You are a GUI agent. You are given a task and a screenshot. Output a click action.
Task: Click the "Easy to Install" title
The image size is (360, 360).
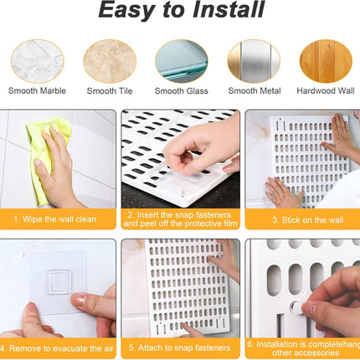click(179, 12)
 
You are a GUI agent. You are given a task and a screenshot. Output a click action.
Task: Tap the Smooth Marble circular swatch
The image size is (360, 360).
click(37, 60)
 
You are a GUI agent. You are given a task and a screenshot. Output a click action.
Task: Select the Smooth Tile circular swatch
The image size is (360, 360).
click(109, 60)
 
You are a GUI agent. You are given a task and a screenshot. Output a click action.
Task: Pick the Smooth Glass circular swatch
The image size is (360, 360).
click(180, 60)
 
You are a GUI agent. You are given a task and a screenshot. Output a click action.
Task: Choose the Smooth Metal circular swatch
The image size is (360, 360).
click(253, 60)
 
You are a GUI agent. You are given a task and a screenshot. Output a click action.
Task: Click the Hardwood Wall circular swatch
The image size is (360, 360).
click(324, 60)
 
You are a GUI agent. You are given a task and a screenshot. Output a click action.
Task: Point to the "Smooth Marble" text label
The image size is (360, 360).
click(37, 90)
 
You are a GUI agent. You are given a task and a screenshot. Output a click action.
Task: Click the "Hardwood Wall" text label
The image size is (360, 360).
click(324, 90)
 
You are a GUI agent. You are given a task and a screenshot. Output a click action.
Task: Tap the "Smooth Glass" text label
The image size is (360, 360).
click(180, 90)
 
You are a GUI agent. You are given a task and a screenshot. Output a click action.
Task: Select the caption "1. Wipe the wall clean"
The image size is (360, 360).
click(59, 219)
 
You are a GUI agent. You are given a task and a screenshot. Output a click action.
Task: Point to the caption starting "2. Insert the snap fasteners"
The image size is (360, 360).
click(179, 219)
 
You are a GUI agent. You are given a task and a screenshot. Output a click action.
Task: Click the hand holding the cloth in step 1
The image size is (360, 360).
click(60, 172)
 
